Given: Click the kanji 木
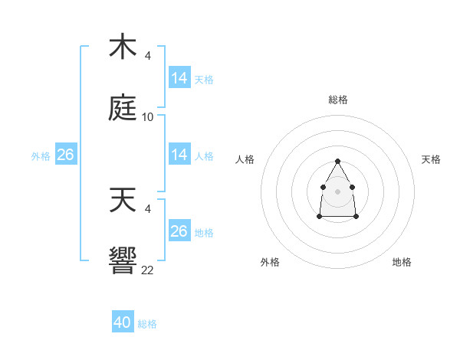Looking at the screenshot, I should point(123,47).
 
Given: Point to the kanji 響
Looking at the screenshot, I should point(123,261).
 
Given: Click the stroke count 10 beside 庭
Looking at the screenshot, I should point(148,117).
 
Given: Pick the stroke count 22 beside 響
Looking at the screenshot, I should point(148,270).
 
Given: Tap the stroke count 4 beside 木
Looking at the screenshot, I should point(148,55).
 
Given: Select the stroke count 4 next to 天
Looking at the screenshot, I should point(148,208).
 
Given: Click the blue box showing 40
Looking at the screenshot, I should point(123,322).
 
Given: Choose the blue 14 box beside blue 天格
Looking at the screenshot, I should point(179,78).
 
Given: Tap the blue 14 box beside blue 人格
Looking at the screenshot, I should point(179,155).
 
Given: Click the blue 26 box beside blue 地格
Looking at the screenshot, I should point(179,231).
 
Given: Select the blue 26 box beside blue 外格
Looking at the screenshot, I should point(66,155).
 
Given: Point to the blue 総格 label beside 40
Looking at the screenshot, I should point(147,324).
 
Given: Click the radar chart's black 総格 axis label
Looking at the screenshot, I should point(337,100).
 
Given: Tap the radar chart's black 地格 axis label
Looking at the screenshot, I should point(402,262).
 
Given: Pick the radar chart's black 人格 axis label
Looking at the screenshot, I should point(245,159).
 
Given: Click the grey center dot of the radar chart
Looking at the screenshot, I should point(337,191).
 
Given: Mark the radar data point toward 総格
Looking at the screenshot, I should point(337,161).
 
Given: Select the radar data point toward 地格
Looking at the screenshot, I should point(356,217).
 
